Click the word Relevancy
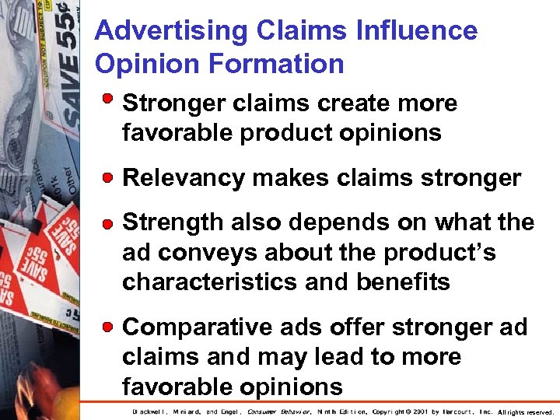184,179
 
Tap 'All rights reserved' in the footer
525,412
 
